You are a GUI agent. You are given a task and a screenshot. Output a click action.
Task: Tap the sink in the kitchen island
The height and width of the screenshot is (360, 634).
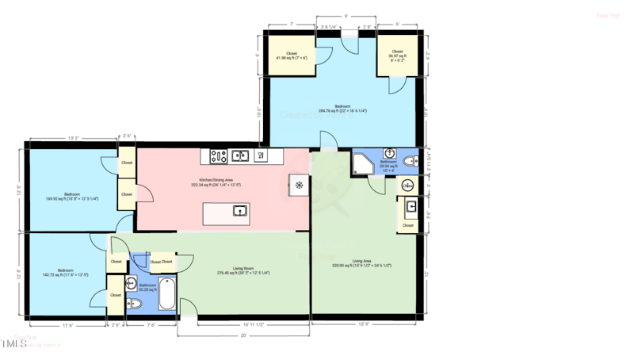(239, 211)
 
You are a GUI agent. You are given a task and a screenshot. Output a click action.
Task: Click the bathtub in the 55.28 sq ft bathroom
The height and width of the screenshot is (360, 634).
(168, 293)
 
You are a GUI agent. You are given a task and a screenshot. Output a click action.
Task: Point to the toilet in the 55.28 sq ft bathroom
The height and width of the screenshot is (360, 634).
(132, 303)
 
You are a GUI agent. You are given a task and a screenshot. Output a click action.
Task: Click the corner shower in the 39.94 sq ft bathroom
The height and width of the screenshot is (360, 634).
(364, 164)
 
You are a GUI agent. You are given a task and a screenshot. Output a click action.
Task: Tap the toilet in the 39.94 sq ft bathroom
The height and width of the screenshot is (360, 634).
(408, 162)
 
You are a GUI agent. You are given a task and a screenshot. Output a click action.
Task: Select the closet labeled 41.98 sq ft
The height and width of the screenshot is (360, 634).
(291, 56)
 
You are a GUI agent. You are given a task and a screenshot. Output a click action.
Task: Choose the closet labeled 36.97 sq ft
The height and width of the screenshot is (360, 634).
(397, 55)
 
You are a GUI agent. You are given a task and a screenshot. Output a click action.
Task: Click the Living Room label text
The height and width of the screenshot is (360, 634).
(243, 270)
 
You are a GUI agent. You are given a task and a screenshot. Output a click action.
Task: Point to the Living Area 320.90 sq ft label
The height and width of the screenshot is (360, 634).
(361, 263)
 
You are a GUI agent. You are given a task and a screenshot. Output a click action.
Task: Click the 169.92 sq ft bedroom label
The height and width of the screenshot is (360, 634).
(72, 197)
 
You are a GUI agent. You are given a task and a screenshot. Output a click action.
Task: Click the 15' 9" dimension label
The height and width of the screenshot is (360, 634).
(362, 324)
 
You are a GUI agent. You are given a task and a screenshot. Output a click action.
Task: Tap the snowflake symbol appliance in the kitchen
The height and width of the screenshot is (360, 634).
(300, 186)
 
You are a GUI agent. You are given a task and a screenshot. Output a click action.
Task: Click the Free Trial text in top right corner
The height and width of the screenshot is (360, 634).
(606, 15)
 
